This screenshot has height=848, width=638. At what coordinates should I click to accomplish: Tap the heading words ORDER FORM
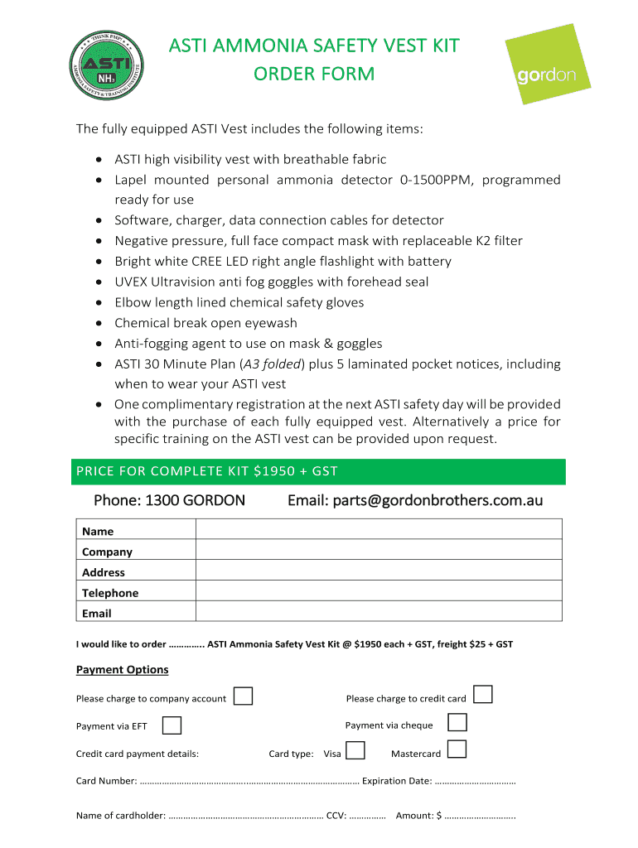(314, 75)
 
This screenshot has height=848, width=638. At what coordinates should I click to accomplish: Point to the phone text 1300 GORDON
(169, 501)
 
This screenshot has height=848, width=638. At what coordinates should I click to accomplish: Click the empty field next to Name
(379, 530)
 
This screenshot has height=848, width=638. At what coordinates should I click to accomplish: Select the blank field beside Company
(379, 551)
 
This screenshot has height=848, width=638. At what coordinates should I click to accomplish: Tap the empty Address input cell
(379, 571)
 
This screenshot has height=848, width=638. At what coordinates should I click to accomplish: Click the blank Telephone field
(379, 592)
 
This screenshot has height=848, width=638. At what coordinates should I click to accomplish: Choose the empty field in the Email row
(379, 612)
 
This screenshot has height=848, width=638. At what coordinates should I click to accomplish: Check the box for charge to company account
(243, 696)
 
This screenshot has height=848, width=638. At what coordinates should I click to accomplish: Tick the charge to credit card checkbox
(483, 694)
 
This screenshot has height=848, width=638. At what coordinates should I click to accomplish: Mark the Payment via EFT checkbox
(172, 725)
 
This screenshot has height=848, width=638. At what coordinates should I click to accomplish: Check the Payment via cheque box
(457, 722)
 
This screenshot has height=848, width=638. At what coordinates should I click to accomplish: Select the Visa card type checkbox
(355, 750)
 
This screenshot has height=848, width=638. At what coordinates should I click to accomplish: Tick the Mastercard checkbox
(457, 749)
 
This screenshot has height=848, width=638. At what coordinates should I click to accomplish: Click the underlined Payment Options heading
(122, 669)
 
